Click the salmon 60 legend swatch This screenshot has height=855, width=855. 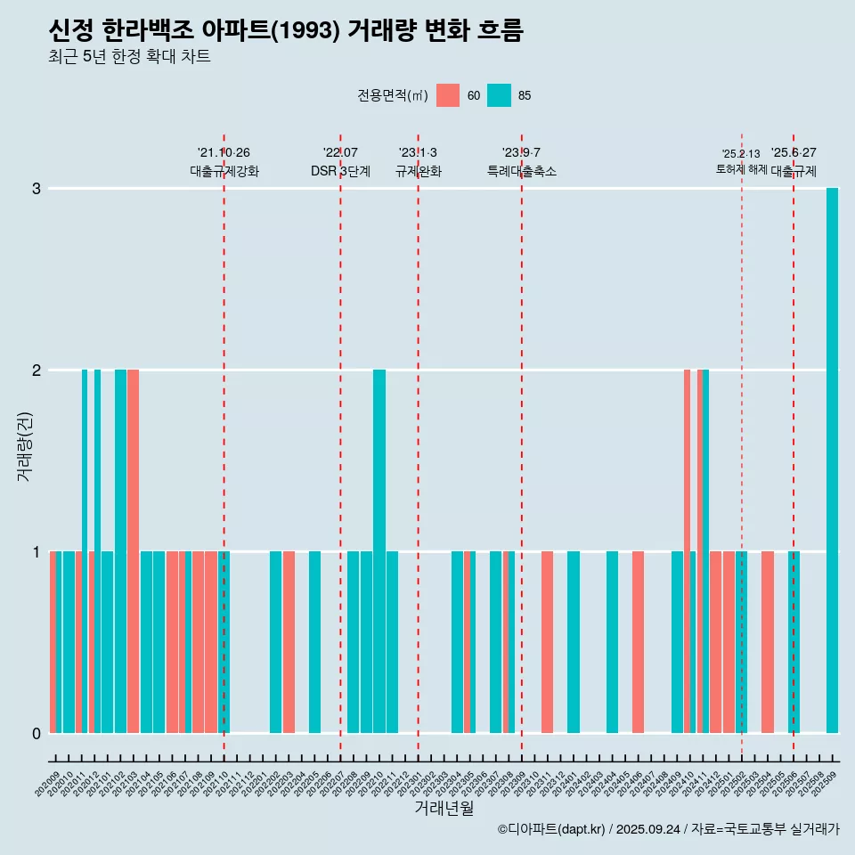(x=448, y=95)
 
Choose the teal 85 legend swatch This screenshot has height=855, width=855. (x=500, y=95)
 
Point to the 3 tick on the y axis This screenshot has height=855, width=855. (x=37, y=189)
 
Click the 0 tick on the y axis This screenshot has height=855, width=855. (x=37, y=734)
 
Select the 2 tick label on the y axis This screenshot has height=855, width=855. (x=37, y=370)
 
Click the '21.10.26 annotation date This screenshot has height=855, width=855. (x=224, y=153)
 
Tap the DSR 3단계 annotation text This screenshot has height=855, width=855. (x=340, y=171)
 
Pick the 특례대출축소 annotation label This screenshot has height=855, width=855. (x=522, y=171)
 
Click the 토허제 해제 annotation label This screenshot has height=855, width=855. (x=741, y=169)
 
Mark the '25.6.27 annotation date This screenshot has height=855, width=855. (x=794, y=153)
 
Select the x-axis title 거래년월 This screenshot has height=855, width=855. (x=444, y=808)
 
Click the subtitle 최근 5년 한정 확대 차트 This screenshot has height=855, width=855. (x=130, y=57)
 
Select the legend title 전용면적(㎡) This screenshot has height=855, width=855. (x=392, y=95)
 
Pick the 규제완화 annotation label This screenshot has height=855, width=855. (x=419, y=171)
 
